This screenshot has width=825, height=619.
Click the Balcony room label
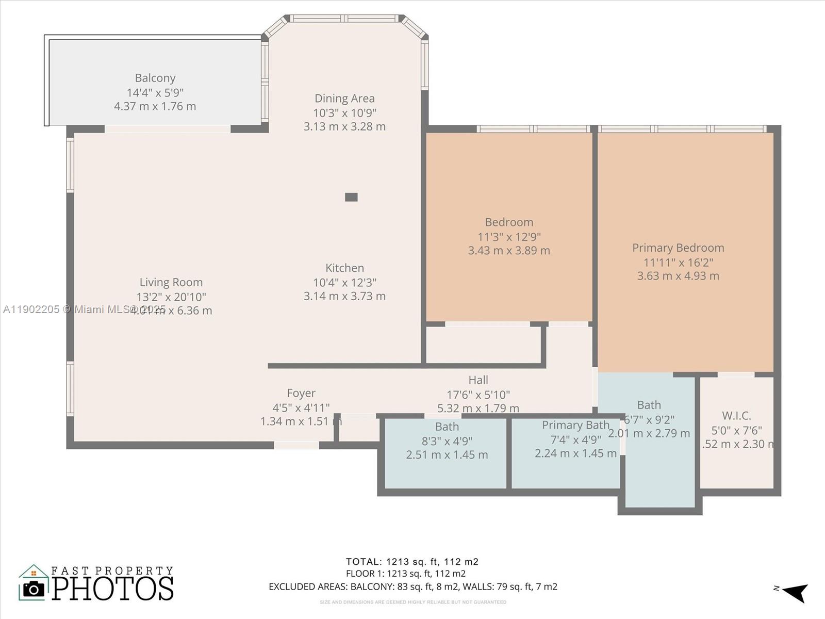point(155,78)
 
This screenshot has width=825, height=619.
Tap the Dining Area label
point(344,98)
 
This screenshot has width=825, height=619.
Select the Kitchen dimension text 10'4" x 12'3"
point(344,282)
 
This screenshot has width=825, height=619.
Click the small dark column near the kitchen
point(351,197)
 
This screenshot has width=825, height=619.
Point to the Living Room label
point(171,282)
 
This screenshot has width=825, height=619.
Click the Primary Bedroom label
point(678,248)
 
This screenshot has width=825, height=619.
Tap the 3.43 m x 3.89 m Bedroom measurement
point(509,251)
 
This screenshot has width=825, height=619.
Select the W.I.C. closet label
point(736,416)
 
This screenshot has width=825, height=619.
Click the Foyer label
point(301,393)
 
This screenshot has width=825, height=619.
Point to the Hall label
point(478,380)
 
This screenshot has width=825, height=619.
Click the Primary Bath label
point(575,426)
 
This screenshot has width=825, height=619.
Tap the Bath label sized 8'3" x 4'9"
point(447,427)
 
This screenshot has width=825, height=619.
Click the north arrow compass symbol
point(795,592)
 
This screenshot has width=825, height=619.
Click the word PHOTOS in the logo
point(112,589)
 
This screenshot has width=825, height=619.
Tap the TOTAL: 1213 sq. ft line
point(412,562)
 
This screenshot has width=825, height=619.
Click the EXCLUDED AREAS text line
point(412,587)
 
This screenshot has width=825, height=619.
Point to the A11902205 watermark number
point(31,309)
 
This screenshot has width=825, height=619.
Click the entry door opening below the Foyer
point(296,445)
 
